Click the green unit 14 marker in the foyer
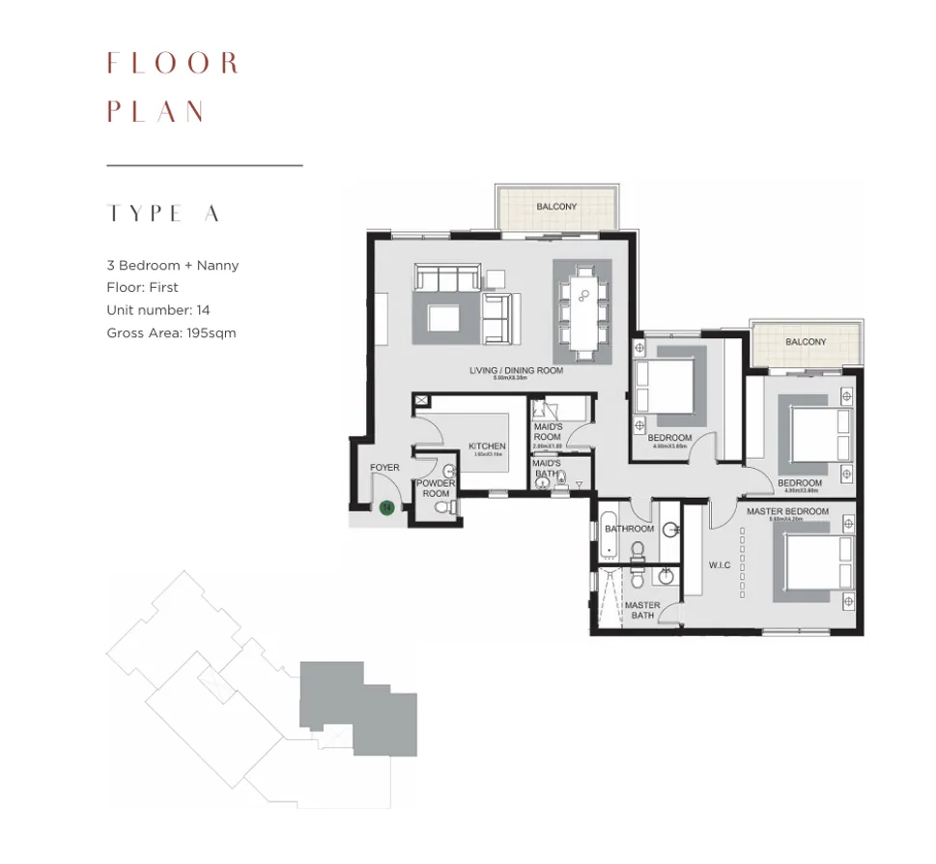coord(386,506)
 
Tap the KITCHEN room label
coord(487,446)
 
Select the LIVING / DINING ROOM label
coord(516,370)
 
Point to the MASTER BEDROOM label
coord(787,510)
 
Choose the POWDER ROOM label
coord(435,488)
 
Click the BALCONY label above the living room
coord(556,207)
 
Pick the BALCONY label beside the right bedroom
coord(806,342)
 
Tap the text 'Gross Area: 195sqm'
coord(171,332)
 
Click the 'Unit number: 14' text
coord(157,310)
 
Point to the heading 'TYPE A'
coord(163,215)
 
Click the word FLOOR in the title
coord(172,65)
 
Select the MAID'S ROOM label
coord(547,432)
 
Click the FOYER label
coord(384,468)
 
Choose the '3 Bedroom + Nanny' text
coord(172,265)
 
